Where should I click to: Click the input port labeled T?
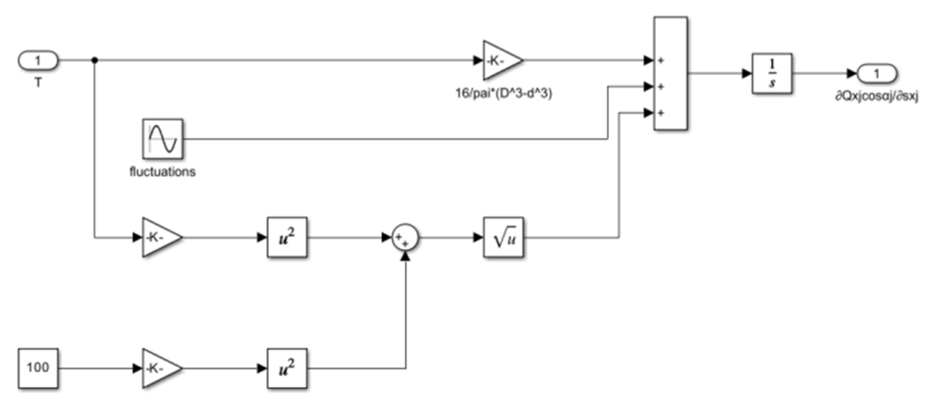(38, 61)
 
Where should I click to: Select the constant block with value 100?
(38, 368)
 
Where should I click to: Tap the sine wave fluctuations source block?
(163, 139)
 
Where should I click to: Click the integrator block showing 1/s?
(772, 74)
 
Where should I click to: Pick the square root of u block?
(503, 237)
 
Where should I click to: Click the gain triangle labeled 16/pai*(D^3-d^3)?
(500, 60)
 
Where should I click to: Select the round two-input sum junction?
(405, 238)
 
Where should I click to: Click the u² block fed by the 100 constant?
(287, 368)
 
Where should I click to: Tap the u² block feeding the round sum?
(287, 237)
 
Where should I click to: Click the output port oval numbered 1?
(877, 74)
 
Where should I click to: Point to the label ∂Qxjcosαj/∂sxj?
(877, 97)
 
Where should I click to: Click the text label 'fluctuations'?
(163, 172)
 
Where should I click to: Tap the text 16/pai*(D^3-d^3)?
(503, 93)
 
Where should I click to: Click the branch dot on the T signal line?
(95, 60)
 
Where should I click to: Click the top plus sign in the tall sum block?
(661, 61)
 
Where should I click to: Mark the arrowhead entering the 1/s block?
(747, 74)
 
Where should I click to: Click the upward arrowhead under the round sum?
(405, 256)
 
